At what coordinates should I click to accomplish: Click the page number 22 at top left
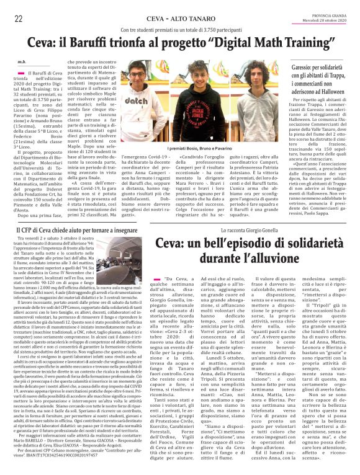pos(19,19)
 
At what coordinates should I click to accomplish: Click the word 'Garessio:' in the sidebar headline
pos(305,66)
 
